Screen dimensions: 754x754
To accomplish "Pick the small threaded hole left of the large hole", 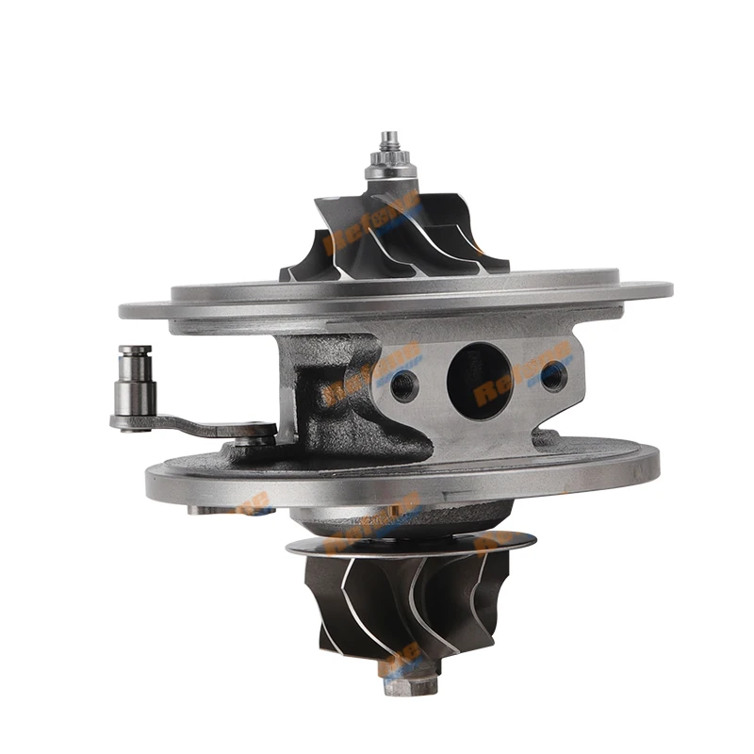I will coord(405,385).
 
